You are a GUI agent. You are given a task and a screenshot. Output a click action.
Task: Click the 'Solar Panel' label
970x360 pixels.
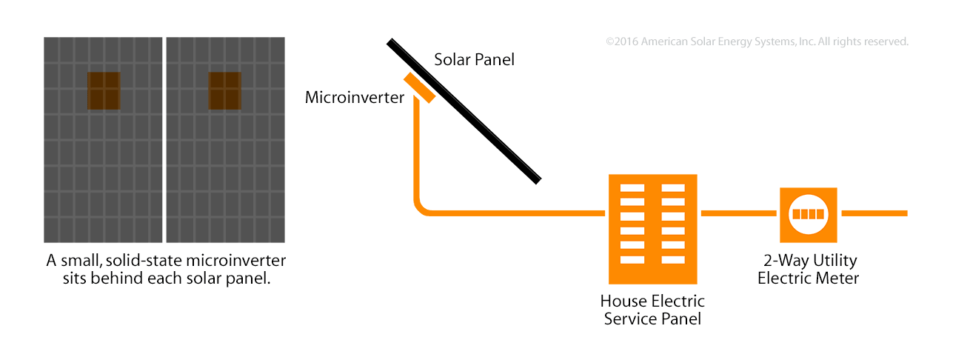(474, 59)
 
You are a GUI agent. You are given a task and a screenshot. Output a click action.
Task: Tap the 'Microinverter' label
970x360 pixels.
(354, 97)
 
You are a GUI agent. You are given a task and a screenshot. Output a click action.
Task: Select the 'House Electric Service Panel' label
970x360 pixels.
(652, 310)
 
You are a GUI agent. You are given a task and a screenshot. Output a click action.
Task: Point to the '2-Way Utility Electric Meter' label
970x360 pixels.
(808, 269)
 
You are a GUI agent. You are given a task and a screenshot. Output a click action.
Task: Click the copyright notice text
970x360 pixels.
(757, 41)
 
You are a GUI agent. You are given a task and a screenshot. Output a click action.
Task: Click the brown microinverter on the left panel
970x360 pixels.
(104, 90)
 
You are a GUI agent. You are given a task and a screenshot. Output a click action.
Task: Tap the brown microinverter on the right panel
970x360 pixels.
(225, 90)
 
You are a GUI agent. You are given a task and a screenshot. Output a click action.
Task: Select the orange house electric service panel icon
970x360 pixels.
(652, 229)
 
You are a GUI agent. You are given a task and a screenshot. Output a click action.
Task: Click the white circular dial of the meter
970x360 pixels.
(808, 214)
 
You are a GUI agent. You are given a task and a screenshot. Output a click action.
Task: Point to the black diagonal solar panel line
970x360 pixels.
(464, 111)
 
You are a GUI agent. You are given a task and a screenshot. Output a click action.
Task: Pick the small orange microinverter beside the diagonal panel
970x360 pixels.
(419, 88)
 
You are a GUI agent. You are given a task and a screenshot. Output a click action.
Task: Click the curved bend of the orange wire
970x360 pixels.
(421, 208)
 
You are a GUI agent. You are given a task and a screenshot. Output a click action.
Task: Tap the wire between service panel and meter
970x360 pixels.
(738, 213)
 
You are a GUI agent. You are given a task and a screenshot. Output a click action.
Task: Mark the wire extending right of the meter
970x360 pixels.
(874, 213)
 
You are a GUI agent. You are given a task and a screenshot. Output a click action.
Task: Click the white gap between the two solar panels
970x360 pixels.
(164, 139)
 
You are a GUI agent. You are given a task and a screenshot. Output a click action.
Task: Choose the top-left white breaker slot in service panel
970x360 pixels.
(632, 187)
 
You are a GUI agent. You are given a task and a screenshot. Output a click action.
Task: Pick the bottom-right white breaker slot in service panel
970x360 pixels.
(673, 260)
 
